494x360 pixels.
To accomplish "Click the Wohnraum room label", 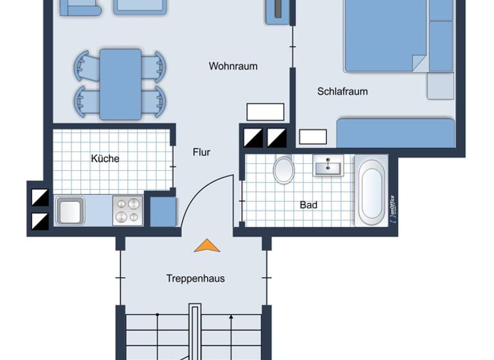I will [233, 66].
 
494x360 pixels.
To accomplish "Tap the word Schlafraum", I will [342, 91].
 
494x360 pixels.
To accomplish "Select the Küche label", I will [105, 159].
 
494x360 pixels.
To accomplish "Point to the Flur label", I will [201, 152].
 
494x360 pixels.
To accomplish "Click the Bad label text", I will [309, 205].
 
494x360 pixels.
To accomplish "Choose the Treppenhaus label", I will [196, 278].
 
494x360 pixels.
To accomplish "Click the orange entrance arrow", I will [207, 246].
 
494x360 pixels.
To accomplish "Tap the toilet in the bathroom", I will [284, 170].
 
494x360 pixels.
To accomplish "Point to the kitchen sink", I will [69, 210].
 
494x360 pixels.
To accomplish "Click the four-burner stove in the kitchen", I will [127, 210].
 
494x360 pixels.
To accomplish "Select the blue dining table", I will [120, 84].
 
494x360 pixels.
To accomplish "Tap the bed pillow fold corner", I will [419, 63].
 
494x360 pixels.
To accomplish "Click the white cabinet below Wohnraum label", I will [265, 111].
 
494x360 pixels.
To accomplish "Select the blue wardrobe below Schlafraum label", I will [395, 132].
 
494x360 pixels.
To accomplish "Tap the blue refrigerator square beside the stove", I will [163, 212].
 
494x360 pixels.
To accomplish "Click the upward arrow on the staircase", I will [232, 318].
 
